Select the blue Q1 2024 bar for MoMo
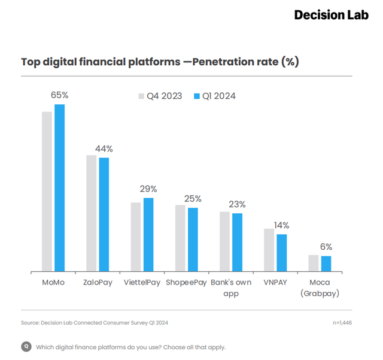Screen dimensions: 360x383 point(59,188)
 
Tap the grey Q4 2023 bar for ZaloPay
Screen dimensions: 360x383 point(91,213)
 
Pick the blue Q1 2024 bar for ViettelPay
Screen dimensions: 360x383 point(148,235)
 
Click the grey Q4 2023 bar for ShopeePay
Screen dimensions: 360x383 point(180,238)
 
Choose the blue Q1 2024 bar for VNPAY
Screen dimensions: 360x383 point(282,253)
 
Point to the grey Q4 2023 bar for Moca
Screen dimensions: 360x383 point(313,264)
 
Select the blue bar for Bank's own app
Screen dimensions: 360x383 point(238,243)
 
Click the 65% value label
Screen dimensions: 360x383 point(59,95)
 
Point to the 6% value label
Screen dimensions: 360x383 point(326,246)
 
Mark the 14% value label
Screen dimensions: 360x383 point(281,225)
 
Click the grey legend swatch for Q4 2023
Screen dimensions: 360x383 point(142,96)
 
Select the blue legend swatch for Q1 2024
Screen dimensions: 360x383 point(197,96)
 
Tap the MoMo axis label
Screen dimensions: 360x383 point(53,283)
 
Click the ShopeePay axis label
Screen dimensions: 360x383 point(186,283)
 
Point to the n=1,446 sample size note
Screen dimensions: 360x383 point(342,323)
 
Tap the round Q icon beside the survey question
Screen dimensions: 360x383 point(26,346)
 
